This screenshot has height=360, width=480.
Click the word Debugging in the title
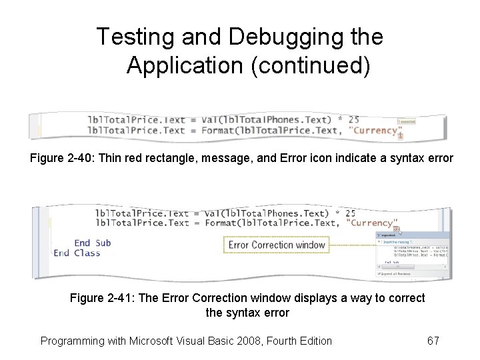[292, 37]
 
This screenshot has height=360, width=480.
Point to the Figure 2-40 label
[61, 159]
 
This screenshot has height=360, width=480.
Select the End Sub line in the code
[92, 243]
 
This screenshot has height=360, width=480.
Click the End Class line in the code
[77, 253]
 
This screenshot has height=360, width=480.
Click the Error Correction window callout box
[277, 245]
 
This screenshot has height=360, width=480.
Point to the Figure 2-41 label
[101, 298]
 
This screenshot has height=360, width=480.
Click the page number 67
[433, 341]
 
